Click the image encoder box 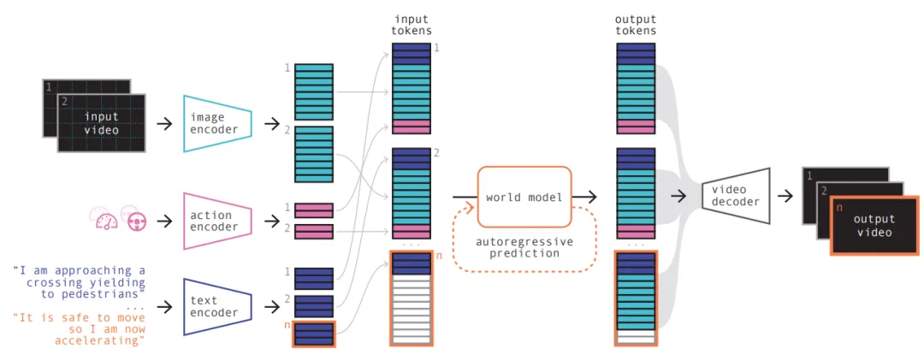217,124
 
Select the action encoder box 217,221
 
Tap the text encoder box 217,307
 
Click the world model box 524,197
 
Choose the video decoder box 736,196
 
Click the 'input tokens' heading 412,26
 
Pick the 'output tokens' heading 635,26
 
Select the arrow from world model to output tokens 584,197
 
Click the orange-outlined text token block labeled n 313,334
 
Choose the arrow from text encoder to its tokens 272,307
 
